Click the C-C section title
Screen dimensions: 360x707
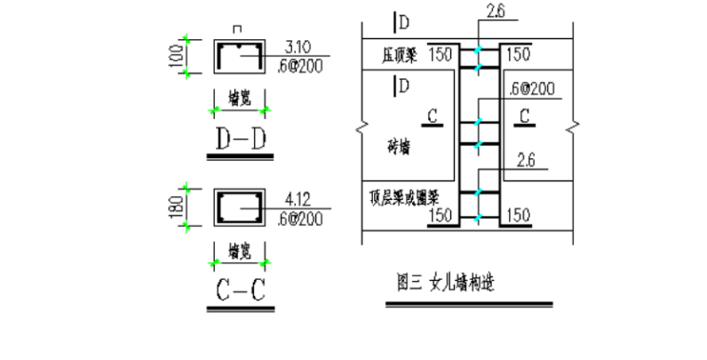click(238, 291)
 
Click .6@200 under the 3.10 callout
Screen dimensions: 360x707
click(299, 64)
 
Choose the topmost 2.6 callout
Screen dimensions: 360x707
click(495, 12)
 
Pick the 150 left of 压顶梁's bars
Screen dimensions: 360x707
click(441, 55)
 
